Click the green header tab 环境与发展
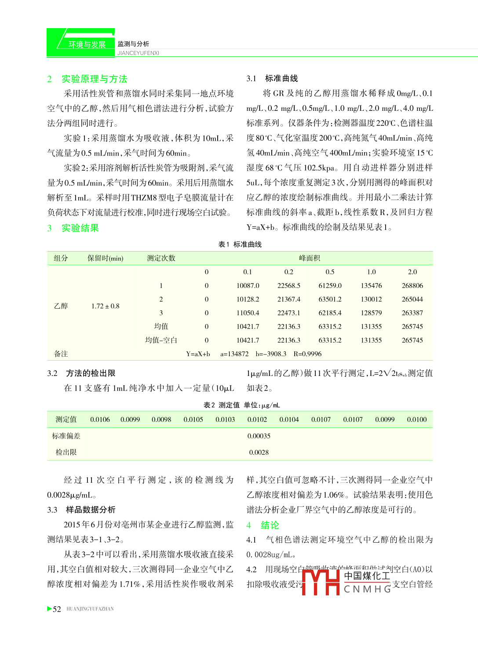pyautogui.click(x=87, y=44)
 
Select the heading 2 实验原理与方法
pyautogui.click(x=88, y=79)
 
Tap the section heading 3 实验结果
pyautogui.click(x=73, y=228)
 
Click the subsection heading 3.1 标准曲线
pyautogui.click(x=272, y=79)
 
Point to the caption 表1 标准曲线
pyautogui.click(x=240, y=244)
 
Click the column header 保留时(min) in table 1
pyautogui.click(x=105, y=259)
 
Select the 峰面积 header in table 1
pyautogui.click(x=309, y=258)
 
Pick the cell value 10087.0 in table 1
pyautogui.click(x=248, y=286)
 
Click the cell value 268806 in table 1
pyautogui.click(x=412, y=286)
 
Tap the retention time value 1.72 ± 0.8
pyautogui.click(x=105, y=306)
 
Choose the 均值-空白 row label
pyautogui.click(x=161, y=340)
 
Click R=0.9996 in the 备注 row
pyautogui.click(x=307, y=354)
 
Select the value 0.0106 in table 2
pyautogui.click(x=100, y=420)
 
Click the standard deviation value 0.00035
pyautogui.click(x=259, y=436)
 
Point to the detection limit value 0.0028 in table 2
pyautogui.click(x=259, y=452)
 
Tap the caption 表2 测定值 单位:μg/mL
pyautogui.click(x=241, y=405)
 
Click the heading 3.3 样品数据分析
pyautogui.click(x=81, y=510)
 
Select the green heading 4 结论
pyautogui.click(x=263, y=525)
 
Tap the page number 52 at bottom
pyautogui.click(x=57, y=609)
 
